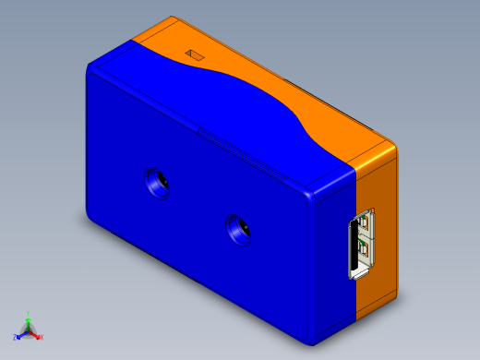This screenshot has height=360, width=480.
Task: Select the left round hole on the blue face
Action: coord(158,182)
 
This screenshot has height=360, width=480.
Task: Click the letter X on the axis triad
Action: coord(42,338)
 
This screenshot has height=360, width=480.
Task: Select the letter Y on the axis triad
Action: coord(29,314)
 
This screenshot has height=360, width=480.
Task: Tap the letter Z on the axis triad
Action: coord(16,338)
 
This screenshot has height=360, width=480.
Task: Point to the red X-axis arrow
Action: coord(35,333)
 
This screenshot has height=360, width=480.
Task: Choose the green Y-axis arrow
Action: coord(29,322)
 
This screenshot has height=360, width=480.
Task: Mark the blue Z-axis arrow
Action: coord(22,333)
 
